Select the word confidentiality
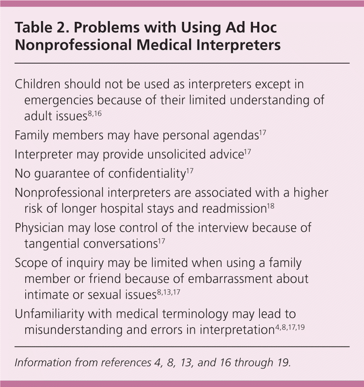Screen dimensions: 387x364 [147, 174]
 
